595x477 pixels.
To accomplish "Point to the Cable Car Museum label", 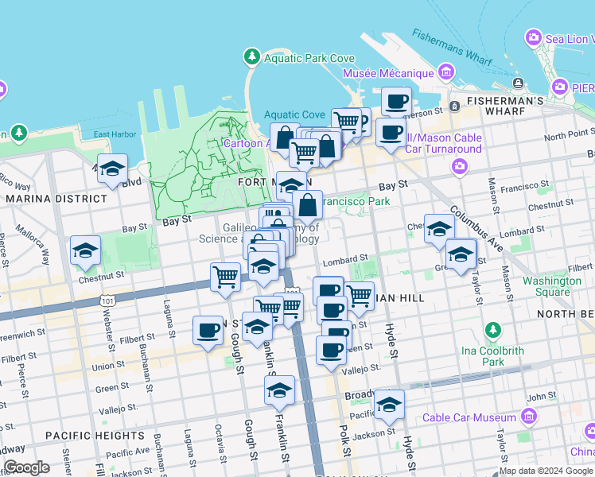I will tap(469, 417).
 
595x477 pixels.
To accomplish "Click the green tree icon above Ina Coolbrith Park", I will tap(493, 330).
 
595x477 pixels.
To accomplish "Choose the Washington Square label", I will tap(552, 286).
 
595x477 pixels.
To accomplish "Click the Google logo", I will tap(27, 467).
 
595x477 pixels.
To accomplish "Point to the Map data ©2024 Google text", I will tap(546, 471).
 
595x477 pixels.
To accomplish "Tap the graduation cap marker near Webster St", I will tap(85, 250).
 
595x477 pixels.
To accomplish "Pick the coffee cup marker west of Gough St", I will tap(208, 330).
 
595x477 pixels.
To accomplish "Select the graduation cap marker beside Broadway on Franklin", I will tap(279, 390).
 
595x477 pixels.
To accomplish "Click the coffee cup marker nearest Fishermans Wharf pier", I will tap(397, 102).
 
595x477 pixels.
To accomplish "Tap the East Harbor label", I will tap(114, 134).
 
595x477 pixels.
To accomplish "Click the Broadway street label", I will tap(358, 395).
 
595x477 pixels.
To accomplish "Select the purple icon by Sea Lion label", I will tap(533, 37).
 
